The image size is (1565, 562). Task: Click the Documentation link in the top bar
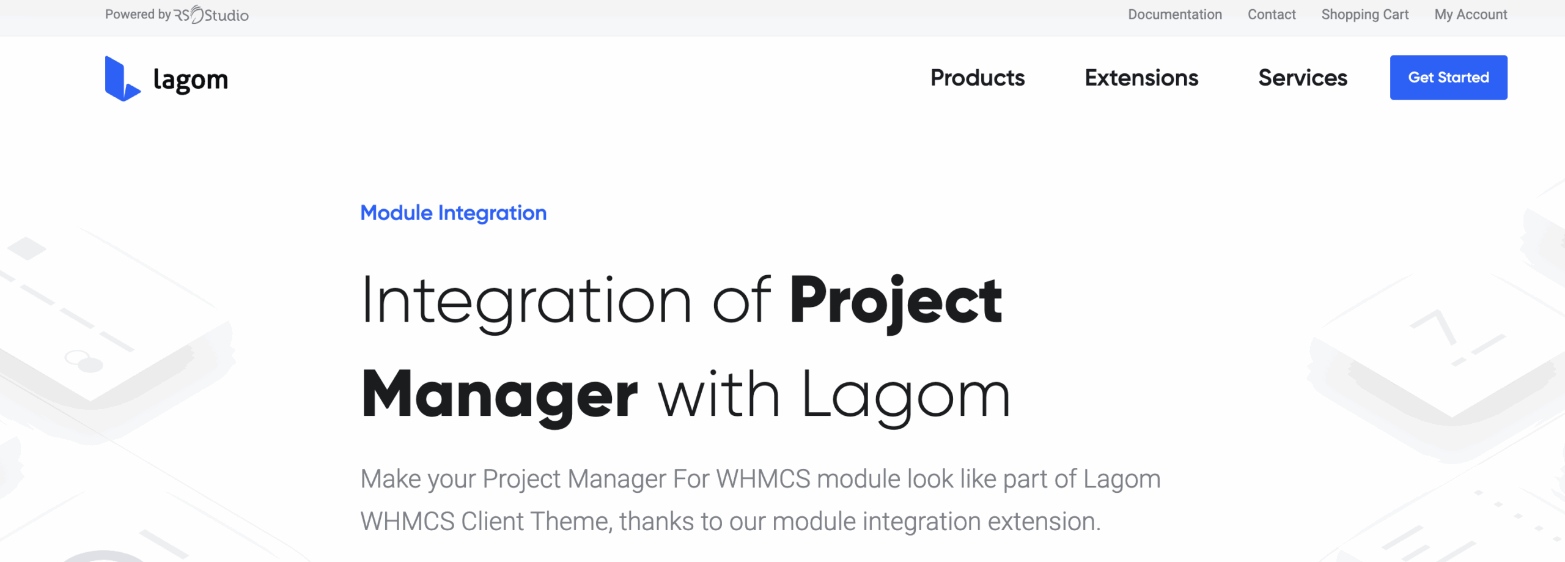tap(1175, 15)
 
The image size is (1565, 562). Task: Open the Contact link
tap(1272, 15)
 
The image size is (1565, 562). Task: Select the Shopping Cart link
tap(1365, 15)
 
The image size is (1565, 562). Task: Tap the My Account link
tap(1471, 15)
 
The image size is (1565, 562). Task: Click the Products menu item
tap(978, 78)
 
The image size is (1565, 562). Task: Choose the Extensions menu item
tap(1141, 78)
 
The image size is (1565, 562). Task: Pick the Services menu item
tap(1303, 78)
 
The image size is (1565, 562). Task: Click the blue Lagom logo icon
tap(122, 79)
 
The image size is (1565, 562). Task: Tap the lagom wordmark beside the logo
tap(190, 80)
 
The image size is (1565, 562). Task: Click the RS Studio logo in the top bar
tap(212, 15)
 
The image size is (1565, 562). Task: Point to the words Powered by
tap(138, 15)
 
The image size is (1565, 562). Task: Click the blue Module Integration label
tap(454, 213)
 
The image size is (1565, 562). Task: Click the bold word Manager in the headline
tap(499, 395)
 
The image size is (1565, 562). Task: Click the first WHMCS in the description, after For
tap(764, 479)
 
